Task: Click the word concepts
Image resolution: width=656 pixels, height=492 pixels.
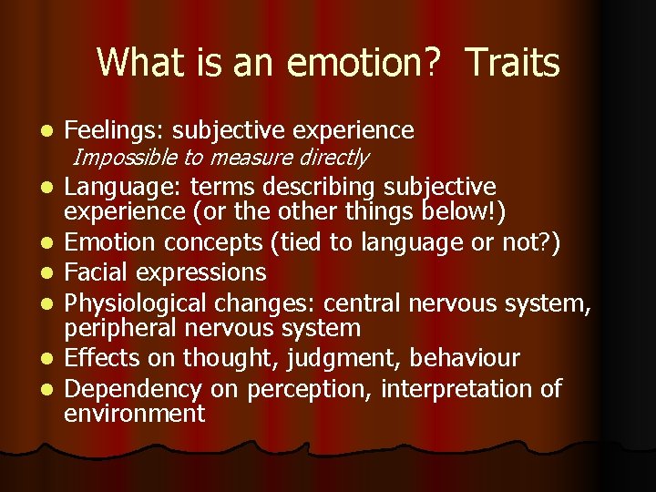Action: pos(211,244)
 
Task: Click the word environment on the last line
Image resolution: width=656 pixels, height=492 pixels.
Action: pos(135,414)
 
